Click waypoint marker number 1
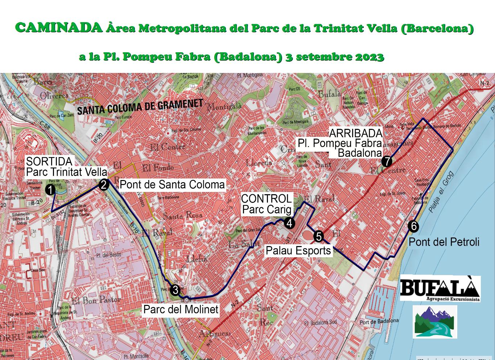[x=50, y=189]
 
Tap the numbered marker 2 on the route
[x=104, y=185]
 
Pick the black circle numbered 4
[x=289, y=223]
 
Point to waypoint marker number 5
[x=318, y=236]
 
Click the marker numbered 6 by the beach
[x=413, y=226]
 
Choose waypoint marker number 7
[x=387, y=161]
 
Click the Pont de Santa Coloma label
[x=172, y=185]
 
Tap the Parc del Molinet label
[x=181, y=310]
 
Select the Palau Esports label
[x=298, y=250]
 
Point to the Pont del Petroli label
[x=444, y=242]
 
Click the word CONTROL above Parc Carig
[x=266, y=199]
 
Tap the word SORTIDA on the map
[x=49, y=161]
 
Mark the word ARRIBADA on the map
[x=355, y=133]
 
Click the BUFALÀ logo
[x=440, y=289]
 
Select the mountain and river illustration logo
[x=435, y=322]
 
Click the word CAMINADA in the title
[x=59, y=28]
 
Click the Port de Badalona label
[x=379, y=322]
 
